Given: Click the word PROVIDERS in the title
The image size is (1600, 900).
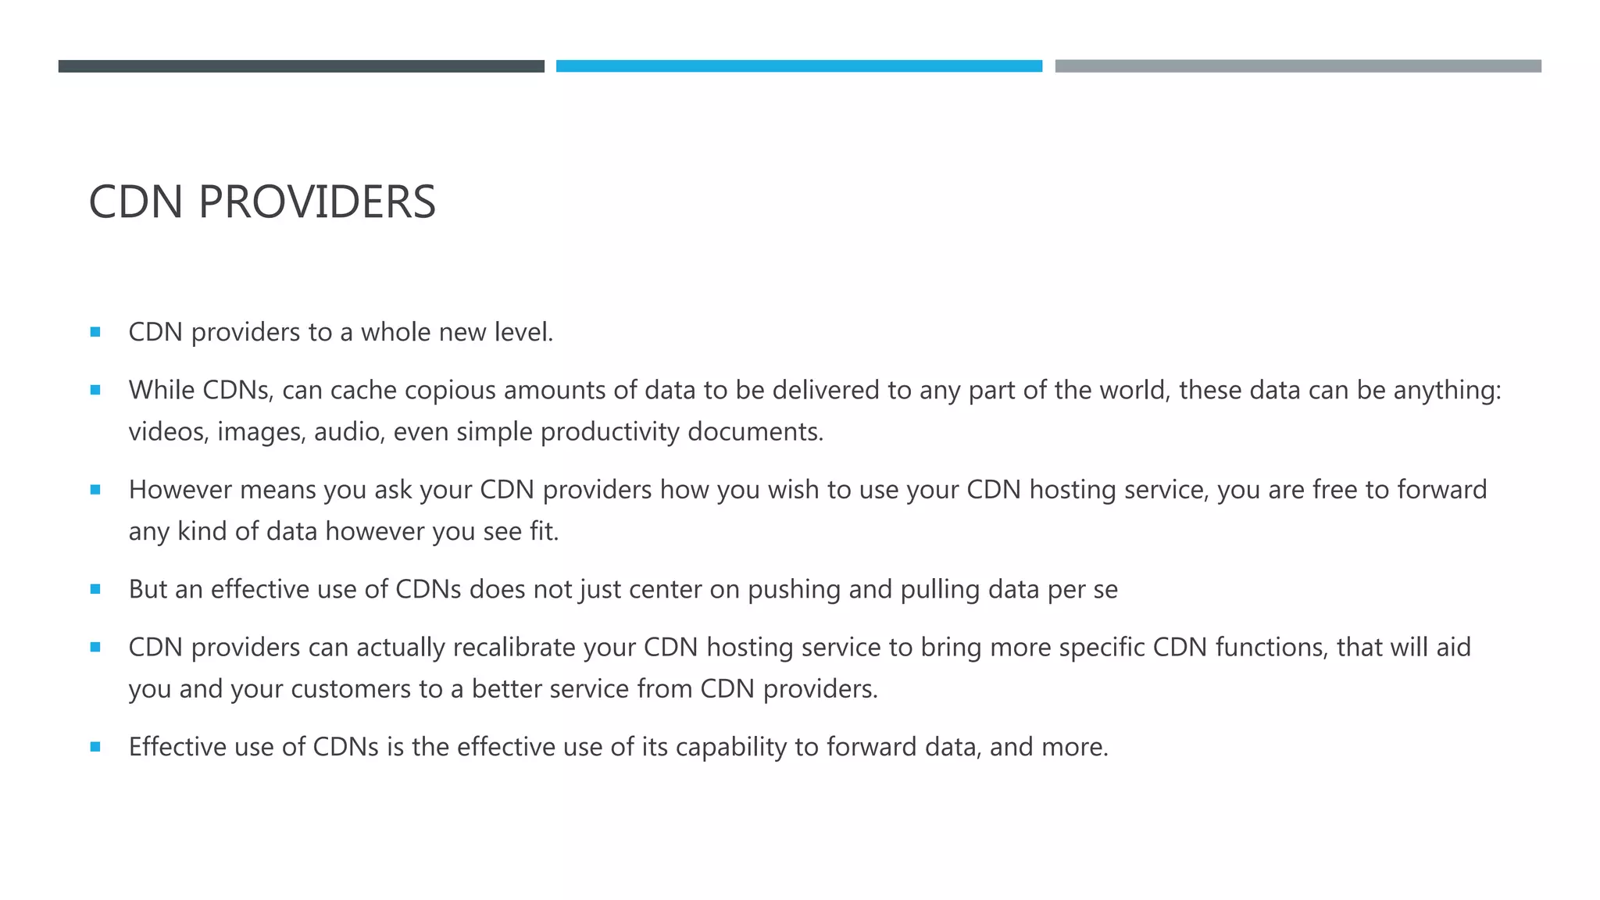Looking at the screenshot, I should point(316,202).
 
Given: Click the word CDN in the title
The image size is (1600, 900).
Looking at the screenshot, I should point(136,202).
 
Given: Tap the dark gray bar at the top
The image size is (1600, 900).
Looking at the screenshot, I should point(301,66).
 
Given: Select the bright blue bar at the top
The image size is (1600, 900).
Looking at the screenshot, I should point(798,66).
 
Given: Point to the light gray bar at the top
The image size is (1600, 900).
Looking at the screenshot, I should point(1298,66).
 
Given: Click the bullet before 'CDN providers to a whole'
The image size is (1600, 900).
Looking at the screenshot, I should point(95,332).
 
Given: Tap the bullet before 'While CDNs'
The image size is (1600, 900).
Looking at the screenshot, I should point(95,390).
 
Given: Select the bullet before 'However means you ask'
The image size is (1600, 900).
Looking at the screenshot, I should point(95,490).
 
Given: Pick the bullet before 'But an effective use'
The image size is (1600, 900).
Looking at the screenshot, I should point(95,589).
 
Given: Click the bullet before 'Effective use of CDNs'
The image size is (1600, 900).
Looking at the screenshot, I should point(95,747).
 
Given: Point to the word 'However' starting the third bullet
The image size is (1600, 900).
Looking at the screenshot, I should point(180,490).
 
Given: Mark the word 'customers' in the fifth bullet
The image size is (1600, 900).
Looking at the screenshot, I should point(351,689).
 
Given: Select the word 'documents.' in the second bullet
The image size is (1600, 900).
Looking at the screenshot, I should point(755,432).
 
